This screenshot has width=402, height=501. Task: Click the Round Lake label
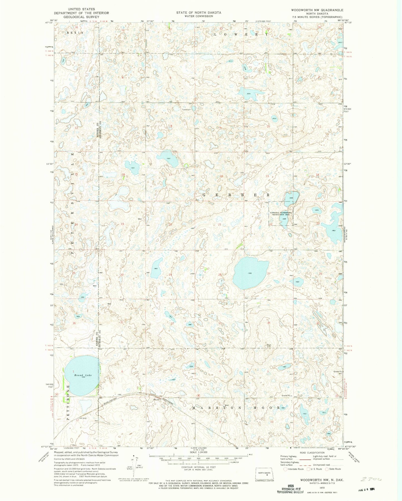83,375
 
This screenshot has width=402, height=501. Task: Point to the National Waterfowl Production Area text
280,214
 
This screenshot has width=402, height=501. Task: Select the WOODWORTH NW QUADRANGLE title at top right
317,10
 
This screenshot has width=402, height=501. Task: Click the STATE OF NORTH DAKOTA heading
199,13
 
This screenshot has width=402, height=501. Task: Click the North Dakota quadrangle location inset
265,473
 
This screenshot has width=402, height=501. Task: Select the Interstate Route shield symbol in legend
285,469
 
